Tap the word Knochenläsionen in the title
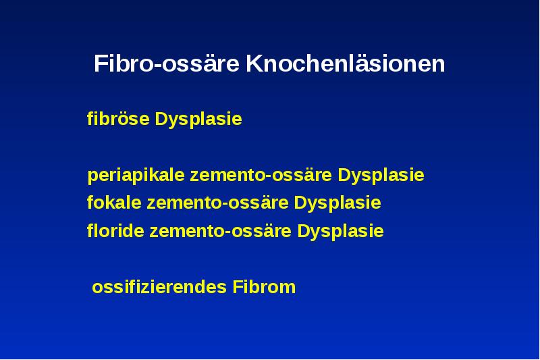coord(345,64)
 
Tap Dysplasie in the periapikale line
coord(381,176)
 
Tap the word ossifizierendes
coord(159,287)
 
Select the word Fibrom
coord(264,287)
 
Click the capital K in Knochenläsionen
coord(252,64)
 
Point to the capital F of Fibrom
coord(237,287)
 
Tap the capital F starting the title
coord(99,64)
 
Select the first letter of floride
coord(90,232)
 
